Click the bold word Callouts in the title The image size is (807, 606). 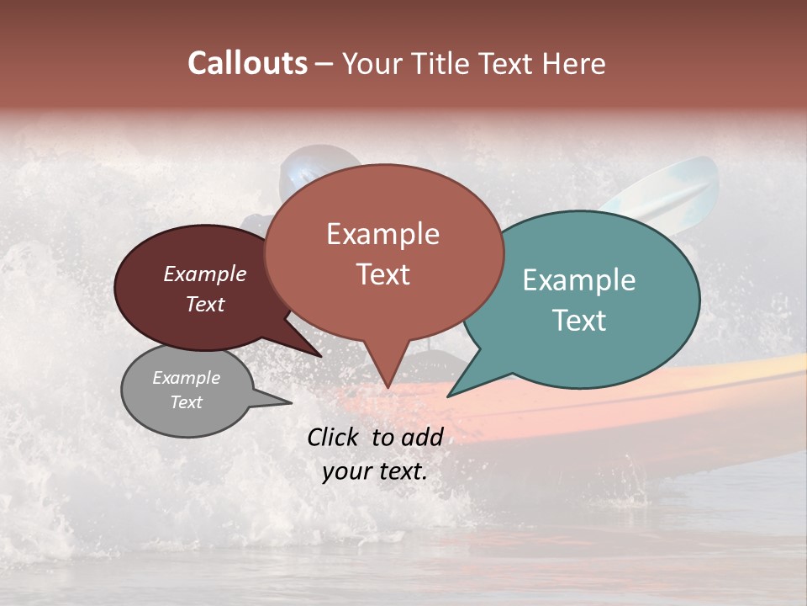(247, 63)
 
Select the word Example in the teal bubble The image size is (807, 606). (579, 280)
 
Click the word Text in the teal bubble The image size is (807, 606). (579, 321)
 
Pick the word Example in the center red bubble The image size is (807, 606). (382, 234)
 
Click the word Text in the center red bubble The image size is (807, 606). (382, 274)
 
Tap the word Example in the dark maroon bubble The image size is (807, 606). (205, 274)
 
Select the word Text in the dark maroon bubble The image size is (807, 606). (205, 304)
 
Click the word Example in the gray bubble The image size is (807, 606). (187, 378)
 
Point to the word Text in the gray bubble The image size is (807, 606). (187, 402)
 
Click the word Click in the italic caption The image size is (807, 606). (335, 437)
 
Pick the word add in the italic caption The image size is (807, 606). (422, 437)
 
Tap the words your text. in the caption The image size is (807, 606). (375, 471)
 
